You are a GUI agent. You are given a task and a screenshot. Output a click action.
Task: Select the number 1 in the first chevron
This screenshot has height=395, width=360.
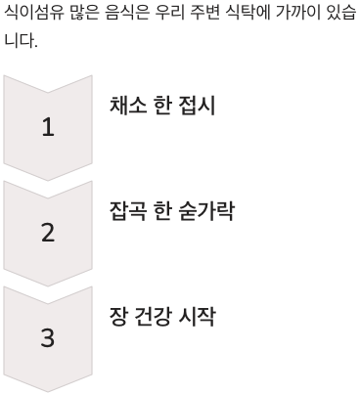(x=48, y=127)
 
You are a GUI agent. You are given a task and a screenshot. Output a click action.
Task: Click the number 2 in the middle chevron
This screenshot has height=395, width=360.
(x=48, y=233)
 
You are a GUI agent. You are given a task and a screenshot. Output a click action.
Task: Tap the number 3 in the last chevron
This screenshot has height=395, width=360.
(x=48, y=338)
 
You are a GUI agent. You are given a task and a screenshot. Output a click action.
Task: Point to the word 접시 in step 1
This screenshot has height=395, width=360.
(x=196, y=106)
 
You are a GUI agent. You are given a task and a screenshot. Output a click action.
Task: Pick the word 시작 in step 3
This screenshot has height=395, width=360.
(x=196, y=317)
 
